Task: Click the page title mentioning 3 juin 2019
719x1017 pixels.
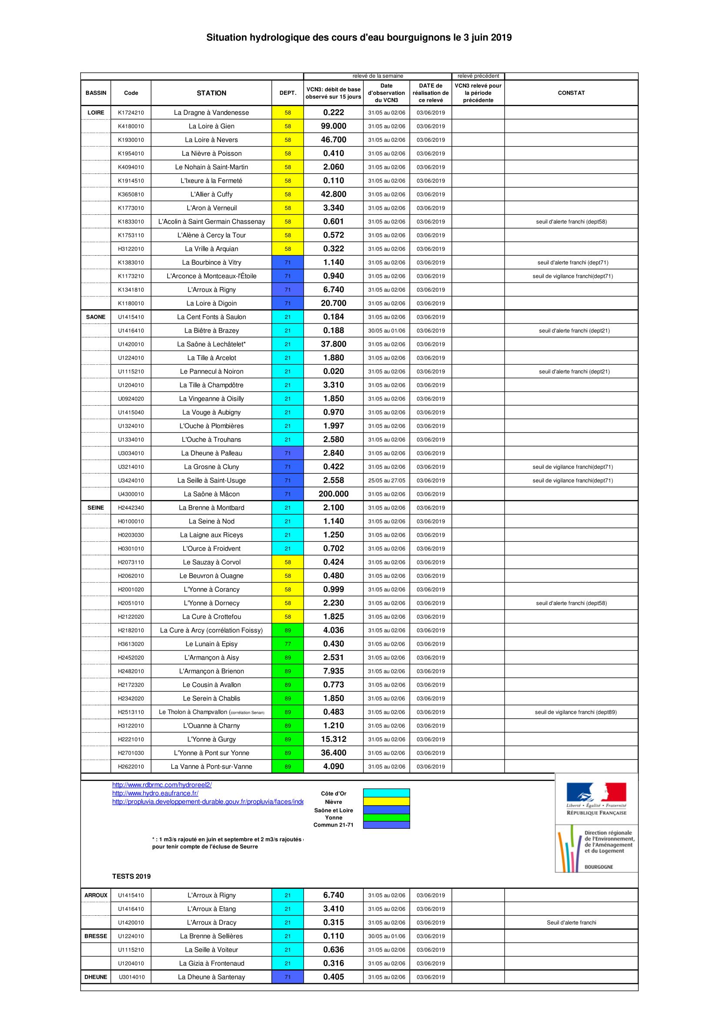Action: click(x=359, y=38)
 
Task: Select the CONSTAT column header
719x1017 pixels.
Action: click(x=571, y=93)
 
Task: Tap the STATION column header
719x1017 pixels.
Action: click(x=211, y=93)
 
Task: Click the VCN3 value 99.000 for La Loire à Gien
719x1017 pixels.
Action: click(x=334, y=126)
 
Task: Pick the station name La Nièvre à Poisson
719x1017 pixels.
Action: click(x=211, y=153)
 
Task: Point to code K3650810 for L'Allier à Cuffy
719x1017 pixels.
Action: click(x=130, y=194)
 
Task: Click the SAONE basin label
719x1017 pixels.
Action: click(x=96, y=317)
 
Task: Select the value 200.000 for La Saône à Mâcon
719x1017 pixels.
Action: click(x=334, y=494)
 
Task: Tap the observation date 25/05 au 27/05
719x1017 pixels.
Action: click(x=386, y=480)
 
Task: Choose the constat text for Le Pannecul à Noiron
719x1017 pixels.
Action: click(x=574, y=372)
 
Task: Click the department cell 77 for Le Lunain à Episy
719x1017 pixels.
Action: click(x=288, y=644)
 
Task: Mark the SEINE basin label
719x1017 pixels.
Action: click(x=96, y=507)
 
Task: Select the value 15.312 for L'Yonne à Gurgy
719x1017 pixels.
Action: click(x=334, y=739)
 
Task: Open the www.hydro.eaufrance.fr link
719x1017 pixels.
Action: click(x=155, y=794)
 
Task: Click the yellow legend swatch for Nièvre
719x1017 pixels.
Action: click(x=386, y=802)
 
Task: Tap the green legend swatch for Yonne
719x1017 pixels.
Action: click(x=386, y=818)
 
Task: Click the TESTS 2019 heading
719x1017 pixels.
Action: click(x=131, y=877)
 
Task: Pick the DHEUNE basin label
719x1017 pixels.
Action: click(x=96, y=977)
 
